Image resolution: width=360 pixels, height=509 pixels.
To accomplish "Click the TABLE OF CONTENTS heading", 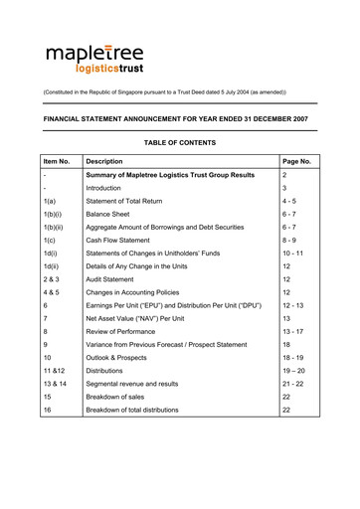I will tap(179, 143).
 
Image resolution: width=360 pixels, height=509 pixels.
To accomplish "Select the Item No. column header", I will tap(58, 160).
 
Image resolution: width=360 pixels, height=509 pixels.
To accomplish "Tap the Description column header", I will tap(104, 160).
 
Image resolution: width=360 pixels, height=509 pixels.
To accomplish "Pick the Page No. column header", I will tap(297, 160).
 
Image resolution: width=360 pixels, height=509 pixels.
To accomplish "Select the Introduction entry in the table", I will tap(103, 187).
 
